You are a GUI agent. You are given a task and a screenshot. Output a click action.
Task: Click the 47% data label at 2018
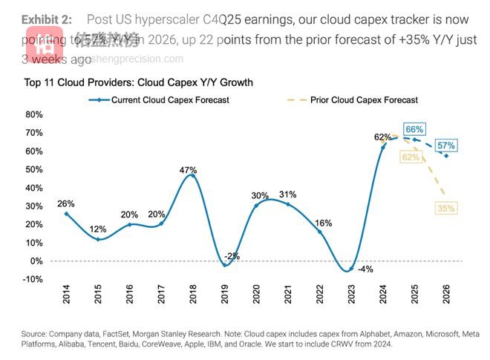pyautogui.click(x=187, y=170)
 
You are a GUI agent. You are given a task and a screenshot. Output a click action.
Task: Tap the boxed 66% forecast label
pyautogui.click(x=414, y=130)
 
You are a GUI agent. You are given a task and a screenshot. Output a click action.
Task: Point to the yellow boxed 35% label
pyautogui.click(x=446, y=209)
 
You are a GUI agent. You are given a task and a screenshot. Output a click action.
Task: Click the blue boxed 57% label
pyautogui.click(x=446, y=145)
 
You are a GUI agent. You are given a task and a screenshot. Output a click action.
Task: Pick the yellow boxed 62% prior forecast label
pyautogui.click(x=410, y=157)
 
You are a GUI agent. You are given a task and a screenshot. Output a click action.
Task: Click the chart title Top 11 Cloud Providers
pyautogui.click(x=139, y=82)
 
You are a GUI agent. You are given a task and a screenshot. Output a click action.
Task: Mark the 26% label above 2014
pyautogui.click(x=66, y=204)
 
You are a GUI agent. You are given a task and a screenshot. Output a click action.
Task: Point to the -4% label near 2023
pyautogui.click(x=365, y=269)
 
